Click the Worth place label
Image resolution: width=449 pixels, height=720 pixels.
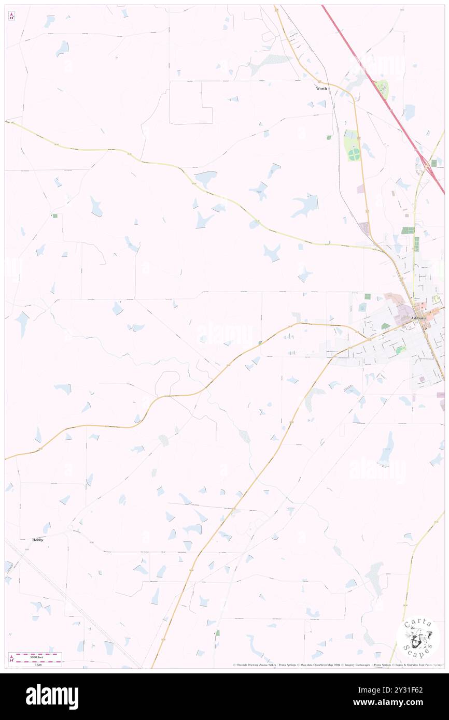tap(322, 89)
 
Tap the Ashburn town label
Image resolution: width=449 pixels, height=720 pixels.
tap(418, 318)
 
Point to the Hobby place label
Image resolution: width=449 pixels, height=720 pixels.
tap(38, 539)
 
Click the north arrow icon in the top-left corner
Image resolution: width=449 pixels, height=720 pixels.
tap(11, 17)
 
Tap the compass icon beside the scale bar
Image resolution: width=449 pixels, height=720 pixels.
tap(12, 659)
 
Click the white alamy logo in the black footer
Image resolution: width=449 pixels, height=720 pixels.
tap(52, 696)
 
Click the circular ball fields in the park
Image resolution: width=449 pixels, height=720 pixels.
tap(354, 153)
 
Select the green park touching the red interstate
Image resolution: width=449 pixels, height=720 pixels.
tap(382, 89)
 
